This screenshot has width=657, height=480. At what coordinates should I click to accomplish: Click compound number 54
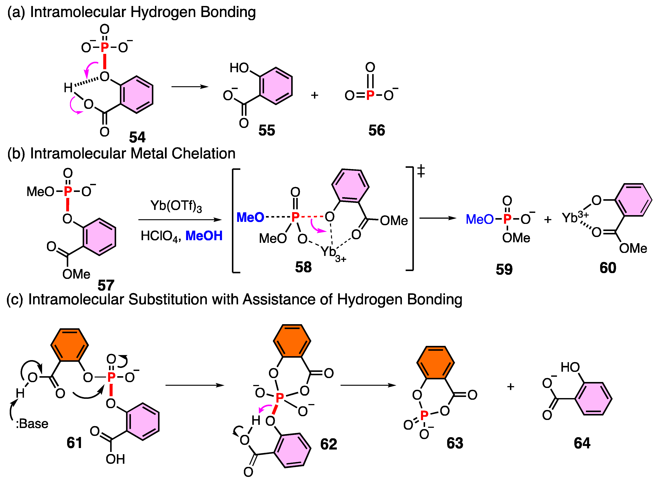pos(137,137)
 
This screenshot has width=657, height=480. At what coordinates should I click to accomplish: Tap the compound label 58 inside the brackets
pos(303,267)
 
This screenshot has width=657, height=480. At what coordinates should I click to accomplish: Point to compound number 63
pos(455,443)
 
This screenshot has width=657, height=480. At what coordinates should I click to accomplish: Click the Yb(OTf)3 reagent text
pos(176,206)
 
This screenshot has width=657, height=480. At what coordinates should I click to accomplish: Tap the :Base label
pos(32,424)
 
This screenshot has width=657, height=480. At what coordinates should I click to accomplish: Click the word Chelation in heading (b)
pos(203,153)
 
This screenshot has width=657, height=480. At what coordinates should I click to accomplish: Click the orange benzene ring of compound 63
pos(435,363)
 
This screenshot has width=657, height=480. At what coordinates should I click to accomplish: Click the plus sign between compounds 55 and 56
pos(315,95)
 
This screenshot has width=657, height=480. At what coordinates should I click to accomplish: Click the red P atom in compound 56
pos(370,95)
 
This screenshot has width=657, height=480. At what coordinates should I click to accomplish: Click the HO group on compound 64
pos(570,367)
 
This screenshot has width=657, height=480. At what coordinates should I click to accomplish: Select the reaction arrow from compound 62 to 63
pos(368,385)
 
